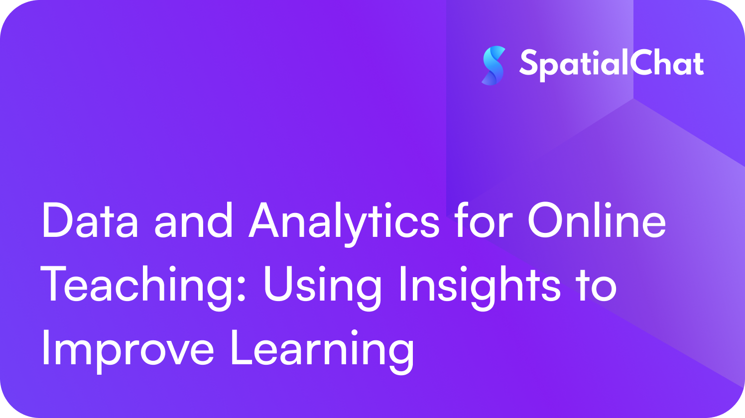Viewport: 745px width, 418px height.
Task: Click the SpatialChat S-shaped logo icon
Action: tap(494, 65)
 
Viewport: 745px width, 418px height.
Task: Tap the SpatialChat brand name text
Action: tap(612, 64)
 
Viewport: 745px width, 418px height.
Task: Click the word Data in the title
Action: tap(90, 221)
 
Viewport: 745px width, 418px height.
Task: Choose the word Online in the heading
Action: tap(596, 221)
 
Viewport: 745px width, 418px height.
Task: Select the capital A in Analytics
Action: tap(269, 221)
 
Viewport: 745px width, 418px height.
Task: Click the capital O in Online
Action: tap(546, 221)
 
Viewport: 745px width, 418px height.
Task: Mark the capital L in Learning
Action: tap(242, 348)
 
